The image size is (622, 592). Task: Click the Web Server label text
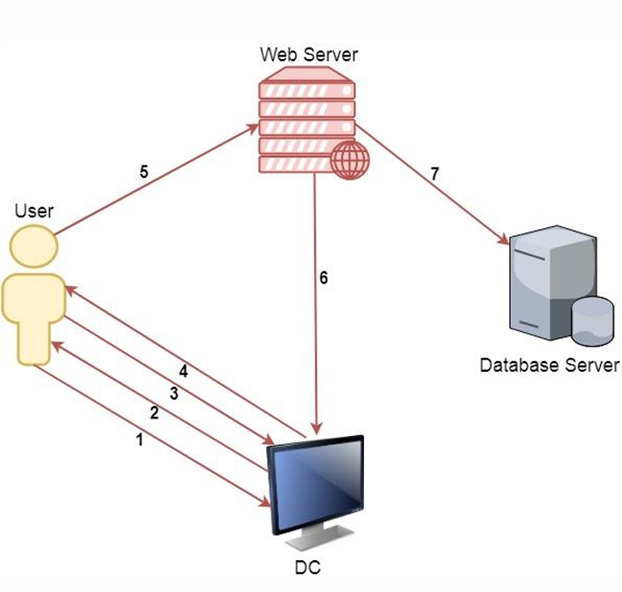point(308,55)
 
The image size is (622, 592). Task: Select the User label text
point(34,211)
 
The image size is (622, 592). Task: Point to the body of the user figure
point(33,317)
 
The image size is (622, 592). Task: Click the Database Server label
point(550,365)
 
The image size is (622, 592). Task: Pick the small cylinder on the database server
point(592,320)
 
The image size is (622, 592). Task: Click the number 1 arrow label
point(137,440)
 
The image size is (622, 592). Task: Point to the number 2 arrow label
point(154,413)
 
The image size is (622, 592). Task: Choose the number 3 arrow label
point(174,394)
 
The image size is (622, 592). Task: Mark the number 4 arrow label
point(184,371)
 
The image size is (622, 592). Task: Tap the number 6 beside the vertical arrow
point(324,277)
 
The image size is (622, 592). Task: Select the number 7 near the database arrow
point(434,174)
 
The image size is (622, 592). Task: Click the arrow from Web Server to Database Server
point(432,189)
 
